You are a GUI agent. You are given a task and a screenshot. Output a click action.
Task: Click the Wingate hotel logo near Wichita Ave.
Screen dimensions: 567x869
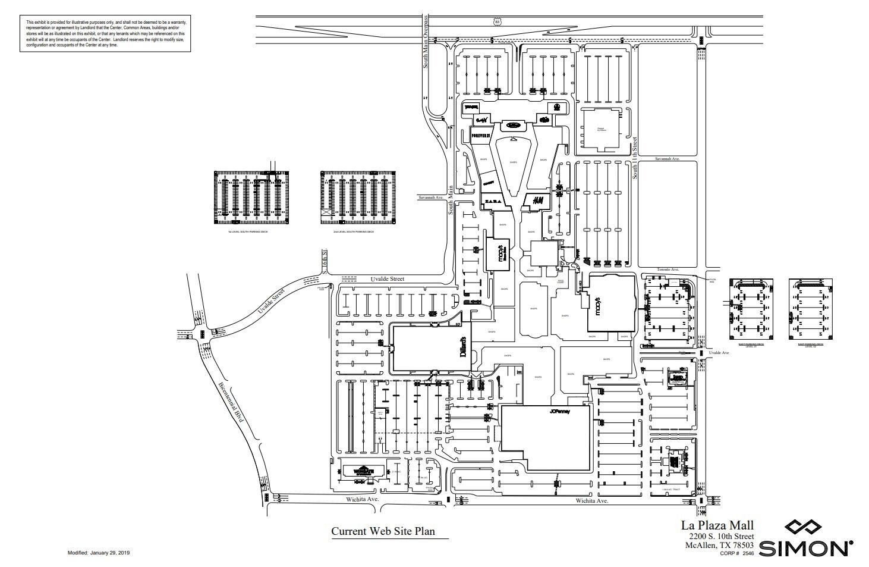click(361, 471)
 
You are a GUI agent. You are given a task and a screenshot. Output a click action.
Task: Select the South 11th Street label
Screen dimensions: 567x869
click(635, 158)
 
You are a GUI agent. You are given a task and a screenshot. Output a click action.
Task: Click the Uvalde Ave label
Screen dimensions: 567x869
click(718, 353)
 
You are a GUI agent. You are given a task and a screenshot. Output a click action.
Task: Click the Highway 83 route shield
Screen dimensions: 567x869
click(497, 21)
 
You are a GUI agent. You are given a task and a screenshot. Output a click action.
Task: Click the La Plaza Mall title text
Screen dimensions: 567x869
click(717, 525)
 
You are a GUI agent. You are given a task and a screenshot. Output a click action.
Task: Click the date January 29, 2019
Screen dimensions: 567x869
click(110, 553)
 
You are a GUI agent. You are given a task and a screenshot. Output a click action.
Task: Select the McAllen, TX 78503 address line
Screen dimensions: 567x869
click(719, 545)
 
